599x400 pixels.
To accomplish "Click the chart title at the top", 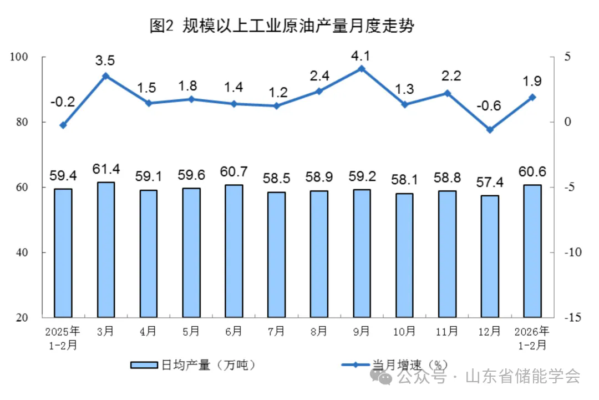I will pos(282,26).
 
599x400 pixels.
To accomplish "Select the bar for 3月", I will pos(105,250).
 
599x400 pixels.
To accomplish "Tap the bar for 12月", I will pos(490,256).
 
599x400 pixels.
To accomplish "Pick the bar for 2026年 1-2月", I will pos(532,251).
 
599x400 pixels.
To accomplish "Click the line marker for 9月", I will pos(361,69).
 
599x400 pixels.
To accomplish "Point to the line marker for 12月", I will pos(490,130).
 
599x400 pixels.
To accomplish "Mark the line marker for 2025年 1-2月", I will pos(63,125).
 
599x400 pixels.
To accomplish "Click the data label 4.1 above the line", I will pos(361,55).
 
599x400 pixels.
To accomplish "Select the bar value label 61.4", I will pos(105,168).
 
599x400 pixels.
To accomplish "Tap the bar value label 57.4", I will pos(490,181).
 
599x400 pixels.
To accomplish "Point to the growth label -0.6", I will pos(490,105).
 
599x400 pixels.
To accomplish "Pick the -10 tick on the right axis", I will pos(572,252).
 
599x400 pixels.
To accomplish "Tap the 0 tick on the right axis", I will pos(567,122).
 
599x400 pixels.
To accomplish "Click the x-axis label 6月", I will pos(233,332).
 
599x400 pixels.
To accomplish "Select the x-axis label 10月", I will pos(404,332).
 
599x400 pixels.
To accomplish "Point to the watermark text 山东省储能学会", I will pos(522,377).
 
